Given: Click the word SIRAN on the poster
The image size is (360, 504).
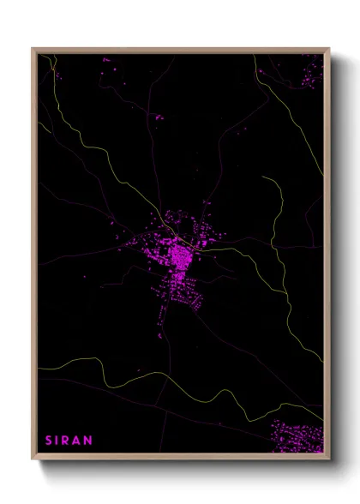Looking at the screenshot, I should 69,441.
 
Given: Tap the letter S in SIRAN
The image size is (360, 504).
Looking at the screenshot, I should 49,441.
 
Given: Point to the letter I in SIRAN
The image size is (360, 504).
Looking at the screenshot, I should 58,441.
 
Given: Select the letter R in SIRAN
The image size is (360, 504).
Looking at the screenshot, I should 68,441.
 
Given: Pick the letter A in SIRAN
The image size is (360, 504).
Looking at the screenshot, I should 78,441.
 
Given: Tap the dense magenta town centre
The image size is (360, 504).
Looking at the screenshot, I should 181,255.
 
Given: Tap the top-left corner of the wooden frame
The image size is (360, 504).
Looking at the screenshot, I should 33,49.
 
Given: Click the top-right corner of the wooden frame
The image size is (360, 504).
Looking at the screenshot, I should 328,49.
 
